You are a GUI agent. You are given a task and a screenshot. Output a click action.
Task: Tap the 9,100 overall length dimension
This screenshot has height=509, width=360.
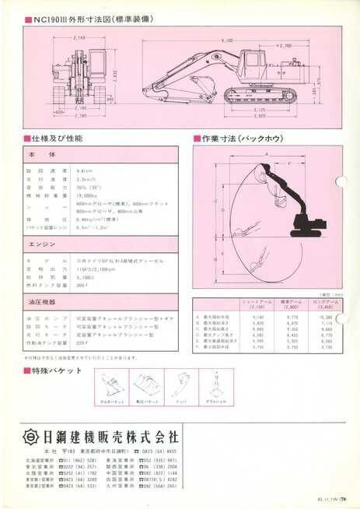pos(226,39)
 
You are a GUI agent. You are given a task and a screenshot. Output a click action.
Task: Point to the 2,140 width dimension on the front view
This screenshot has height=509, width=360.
pos(77,37)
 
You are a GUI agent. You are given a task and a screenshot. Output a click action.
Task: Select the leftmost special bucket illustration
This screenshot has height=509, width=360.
pos(112,385)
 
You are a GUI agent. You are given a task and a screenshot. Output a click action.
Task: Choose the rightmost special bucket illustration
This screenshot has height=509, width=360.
pos(211,385)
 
